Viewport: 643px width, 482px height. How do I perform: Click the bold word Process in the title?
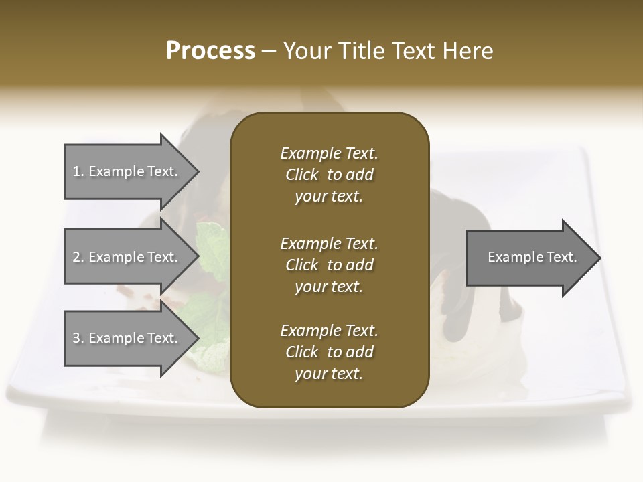click(x=210, y=51)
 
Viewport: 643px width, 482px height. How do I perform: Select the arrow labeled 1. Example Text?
click(x=127, y=171)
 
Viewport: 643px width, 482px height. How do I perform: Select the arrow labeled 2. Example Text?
click(x=127, y=257)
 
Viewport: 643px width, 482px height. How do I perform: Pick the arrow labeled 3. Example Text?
click(x=127, y=338)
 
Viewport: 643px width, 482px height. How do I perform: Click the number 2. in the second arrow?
click(x=78, y=257)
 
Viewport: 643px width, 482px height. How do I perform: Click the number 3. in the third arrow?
click(x=78, y=338)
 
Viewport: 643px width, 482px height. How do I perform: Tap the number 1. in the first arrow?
click(x=78, y=171)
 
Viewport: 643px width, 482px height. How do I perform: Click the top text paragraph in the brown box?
click(x=329, y=175)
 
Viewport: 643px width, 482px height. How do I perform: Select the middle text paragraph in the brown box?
click(x=329, y=265)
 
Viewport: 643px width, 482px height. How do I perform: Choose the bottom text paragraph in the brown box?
click(x=329, y=352)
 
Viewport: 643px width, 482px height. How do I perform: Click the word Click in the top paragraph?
click(x=301, y=175)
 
